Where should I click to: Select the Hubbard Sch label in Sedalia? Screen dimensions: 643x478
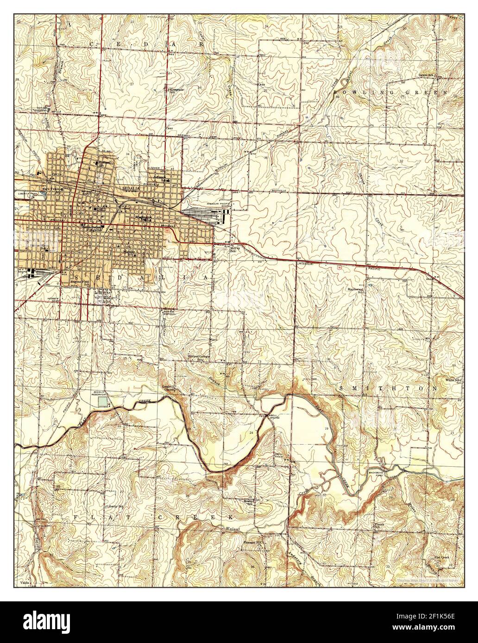tap(103, 163)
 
